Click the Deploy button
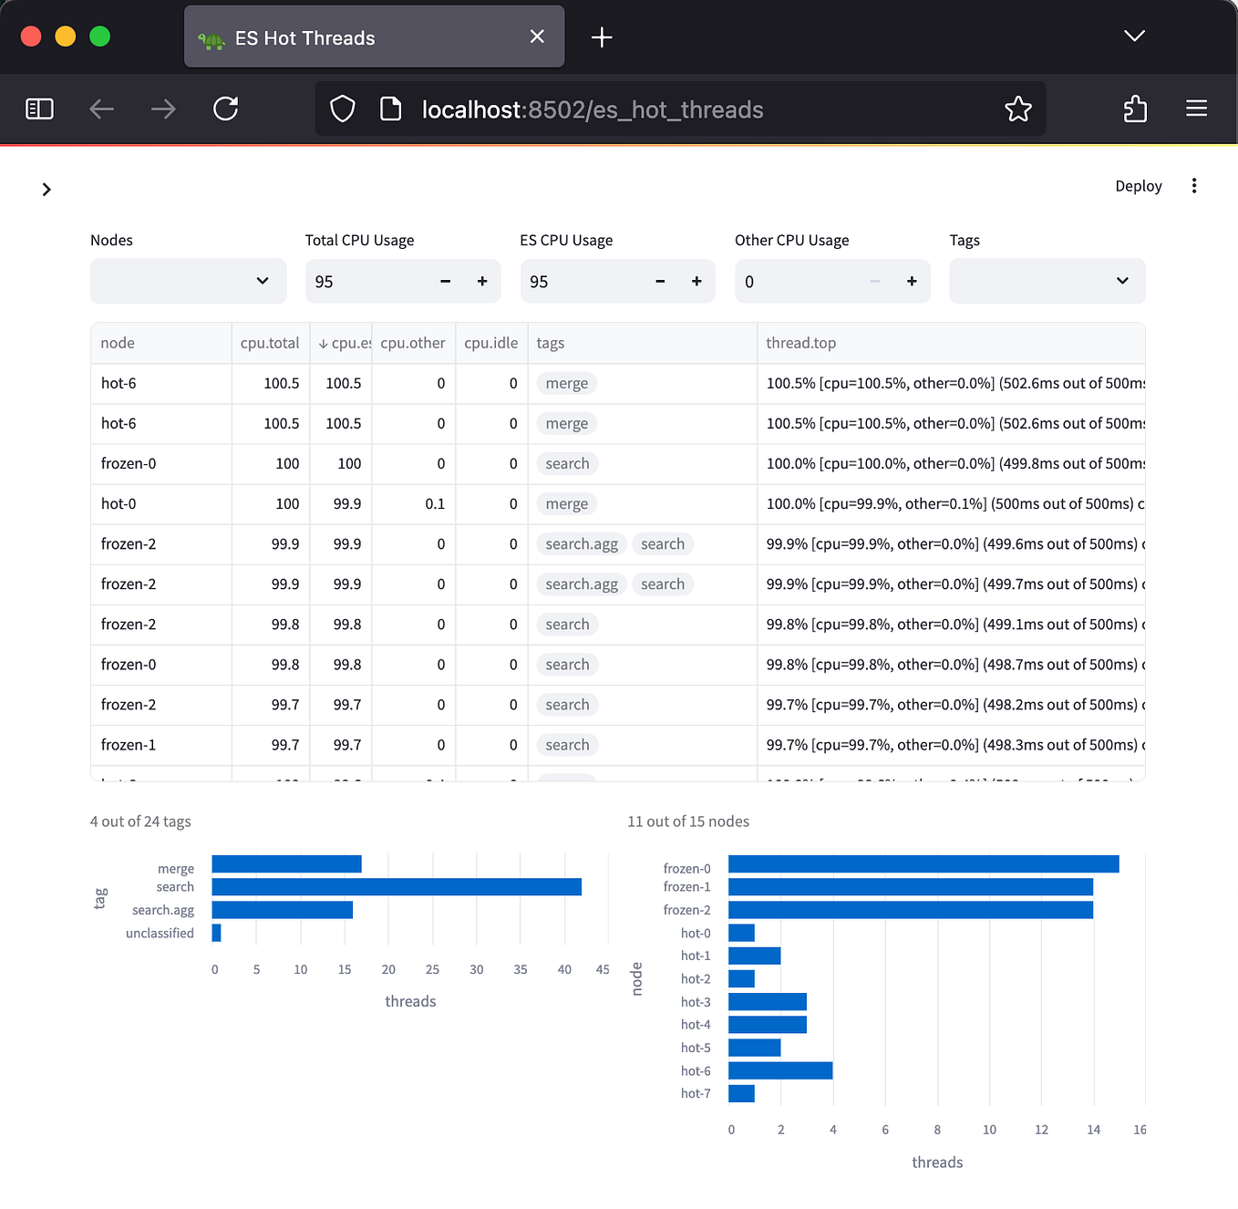coord(1138,186)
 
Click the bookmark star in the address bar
coord(1017,109)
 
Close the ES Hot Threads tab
coord(537,36)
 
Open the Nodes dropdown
coord(188,281)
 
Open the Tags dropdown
coord(1047,281)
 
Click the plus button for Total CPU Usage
coord(482,282)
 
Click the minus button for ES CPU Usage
coord(660,282)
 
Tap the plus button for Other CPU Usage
coord(912,282)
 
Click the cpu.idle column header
coord(490,343)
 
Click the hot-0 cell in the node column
coord(119,504)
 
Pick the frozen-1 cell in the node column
coord(129,745)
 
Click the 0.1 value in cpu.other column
coord(435,504)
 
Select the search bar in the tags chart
coord(397,887)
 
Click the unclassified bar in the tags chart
coord(216,933)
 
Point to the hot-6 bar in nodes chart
coord(780,1070)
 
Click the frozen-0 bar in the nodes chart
coord(923,864)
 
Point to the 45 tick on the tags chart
coord(603,970)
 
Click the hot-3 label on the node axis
coord(696,1002)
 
